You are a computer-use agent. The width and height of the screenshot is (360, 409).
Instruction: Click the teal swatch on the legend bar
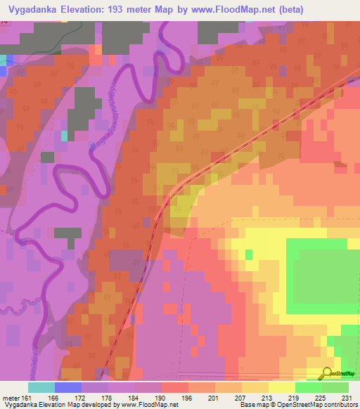pyautogui.click(x=41, y=387)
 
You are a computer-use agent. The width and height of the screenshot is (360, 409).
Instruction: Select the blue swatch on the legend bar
pyautogui.click(x=68, y=387)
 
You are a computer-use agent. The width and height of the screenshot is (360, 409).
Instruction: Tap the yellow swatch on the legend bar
pyautogui.click(x=282, y=387)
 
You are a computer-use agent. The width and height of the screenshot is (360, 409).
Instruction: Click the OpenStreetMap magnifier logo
pyautogui.click(x=328, y=373)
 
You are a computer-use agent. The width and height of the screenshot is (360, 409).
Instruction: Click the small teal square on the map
pyautogui.click(x=65, y=135)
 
